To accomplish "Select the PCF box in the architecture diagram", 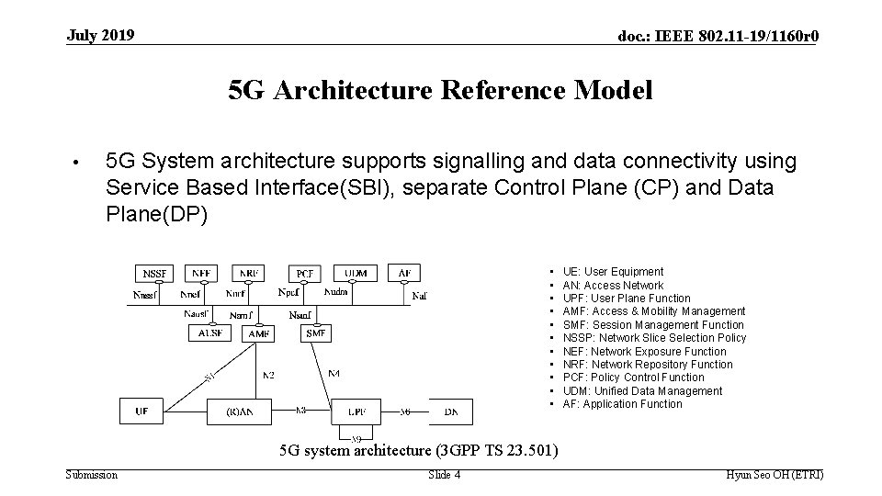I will click(304, 274).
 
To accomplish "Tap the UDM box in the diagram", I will click(356, 274).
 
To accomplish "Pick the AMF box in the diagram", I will click(260, 334).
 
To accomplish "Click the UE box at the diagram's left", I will click(141, 411).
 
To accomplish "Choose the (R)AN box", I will click(235, 411).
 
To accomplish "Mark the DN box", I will click(451, 411).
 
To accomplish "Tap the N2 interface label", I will click(268, 374).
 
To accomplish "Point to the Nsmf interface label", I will click(300, 315).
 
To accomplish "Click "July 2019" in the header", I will click(100, 36).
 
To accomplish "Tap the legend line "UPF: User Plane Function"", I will click(626, 299).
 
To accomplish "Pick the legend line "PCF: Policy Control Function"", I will click(633, 378).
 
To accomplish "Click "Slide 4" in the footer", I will click(445, 475).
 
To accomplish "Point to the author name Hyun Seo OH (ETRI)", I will click(775, 475).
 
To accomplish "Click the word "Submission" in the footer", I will click(92, 475).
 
